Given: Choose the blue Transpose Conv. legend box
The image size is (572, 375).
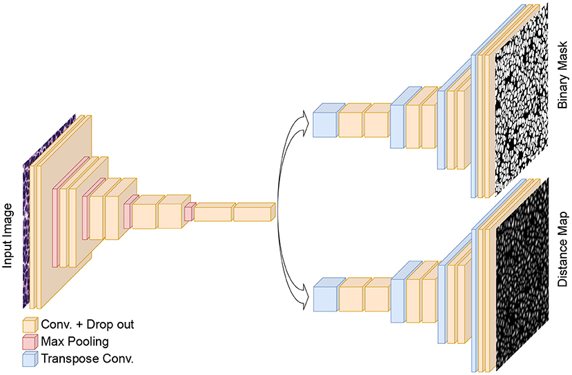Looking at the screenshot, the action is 30,358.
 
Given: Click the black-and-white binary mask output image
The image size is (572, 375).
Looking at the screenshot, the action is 520,103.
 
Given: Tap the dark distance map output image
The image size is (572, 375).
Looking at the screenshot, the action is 521,276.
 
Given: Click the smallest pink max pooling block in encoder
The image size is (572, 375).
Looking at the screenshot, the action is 188,214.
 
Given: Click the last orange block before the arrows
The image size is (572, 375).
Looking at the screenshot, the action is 254,213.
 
